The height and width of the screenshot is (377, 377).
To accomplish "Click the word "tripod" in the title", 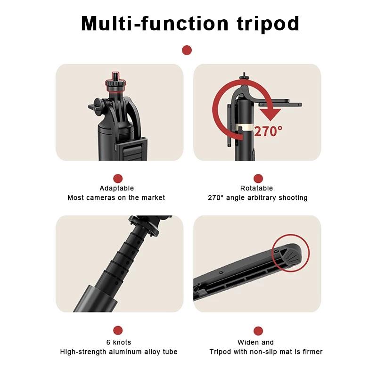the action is [x=268, y=24].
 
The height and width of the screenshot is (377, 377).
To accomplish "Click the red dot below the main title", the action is [x=187, y=50].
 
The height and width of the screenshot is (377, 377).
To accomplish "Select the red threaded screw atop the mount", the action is [x=115, y=76].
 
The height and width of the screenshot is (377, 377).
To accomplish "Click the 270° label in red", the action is [x=268, y=131].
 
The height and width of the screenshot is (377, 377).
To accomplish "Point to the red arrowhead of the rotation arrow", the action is [x=270, y=115].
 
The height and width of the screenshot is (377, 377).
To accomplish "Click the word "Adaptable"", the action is [x=117, y=188].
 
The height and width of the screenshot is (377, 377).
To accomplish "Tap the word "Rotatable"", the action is [x=256, y=188].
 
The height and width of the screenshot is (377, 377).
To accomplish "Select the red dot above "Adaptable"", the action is [x=118, y=179].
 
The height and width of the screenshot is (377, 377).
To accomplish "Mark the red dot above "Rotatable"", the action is [x=258, y=179].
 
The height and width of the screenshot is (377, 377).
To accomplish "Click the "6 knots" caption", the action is [x=119, y=342].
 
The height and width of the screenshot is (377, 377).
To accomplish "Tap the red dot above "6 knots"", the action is [x=118, y=330].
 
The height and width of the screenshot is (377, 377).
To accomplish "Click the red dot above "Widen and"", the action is [x=258, y=331].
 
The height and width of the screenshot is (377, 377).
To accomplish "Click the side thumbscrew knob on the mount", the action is [x=97, y=106].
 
